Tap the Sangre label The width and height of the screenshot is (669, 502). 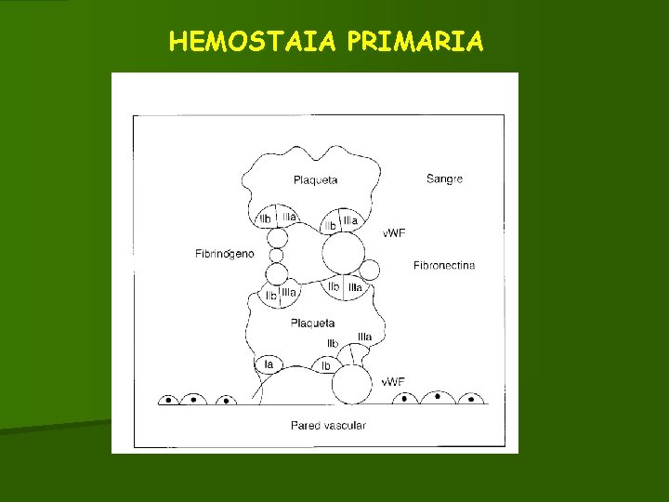(x=444, y=178)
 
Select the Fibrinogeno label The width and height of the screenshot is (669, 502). (x=224, y=254)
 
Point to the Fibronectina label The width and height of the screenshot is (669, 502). (x=444, y=265)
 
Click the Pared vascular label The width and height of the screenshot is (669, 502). (x=328, y=425)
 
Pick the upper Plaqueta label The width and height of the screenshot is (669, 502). (x=315, y=179)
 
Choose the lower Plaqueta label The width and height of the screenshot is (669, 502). (x=312, y=323)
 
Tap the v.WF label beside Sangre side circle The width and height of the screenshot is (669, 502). (x=394, y=232)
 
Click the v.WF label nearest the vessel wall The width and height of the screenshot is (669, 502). (x=393, y=381)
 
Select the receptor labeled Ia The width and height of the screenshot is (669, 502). (x=269, y=364)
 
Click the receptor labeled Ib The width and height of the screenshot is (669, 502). (x=326, y=366)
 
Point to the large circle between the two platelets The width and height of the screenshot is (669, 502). (x=343, y=253)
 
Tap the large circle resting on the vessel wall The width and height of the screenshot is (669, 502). (x=352, y=384)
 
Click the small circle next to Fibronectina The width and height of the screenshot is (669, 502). (x=370, y=271)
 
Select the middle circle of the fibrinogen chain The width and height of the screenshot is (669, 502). (x=276, y=255)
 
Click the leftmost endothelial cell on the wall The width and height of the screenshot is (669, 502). (x=169, y=400)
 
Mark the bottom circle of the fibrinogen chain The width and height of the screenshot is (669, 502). (x=277, y=273)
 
